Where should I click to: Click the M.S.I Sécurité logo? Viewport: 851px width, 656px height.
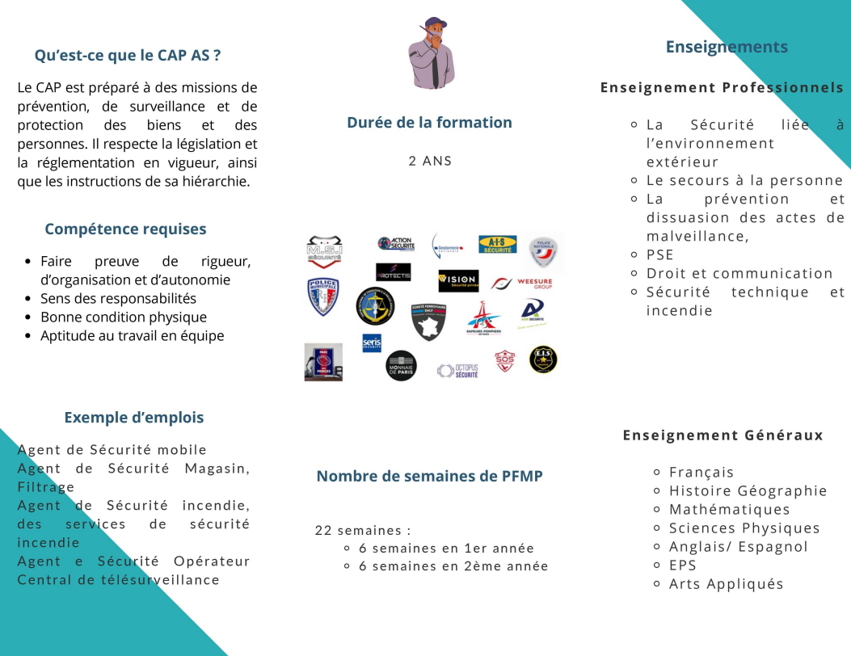coord(323,250)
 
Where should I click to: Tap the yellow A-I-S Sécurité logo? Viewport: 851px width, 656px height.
coord(497,244)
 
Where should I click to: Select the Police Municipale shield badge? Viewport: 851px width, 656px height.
coord(323,296)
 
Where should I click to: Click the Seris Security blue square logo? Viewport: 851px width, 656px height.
coord(372,343)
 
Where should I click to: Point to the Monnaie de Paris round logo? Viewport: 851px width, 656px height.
coord(401,365)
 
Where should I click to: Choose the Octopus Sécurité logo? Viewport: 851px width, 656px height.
coord(458,370)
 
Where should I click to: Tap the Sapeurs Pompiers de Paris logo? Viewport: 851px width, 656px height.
coord(484,318)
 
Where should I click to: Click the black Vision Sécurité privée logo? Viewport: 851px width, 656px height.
coord(458,280)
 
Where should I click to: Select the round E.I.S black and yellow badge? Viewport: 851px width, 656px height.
coord(543,359)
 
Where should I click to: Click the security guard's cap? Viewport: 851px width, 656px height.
coord(435,23)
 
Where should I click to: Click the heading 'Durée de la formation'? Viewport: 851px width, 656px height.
coord(429,123)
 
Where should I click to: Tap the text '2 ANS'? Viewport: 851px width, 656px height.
coord(430,161)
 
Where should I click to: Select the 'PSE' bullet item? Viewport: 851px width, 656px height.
coord(659,255)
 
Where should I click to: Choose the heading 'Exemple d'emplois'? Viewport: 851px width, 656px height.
coord(134,418)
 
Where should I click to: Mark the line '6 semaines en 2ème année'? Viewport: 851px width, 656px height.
coord(453,566)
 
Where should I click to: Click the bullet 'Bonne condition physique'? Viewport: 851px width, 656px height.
coord(124,317)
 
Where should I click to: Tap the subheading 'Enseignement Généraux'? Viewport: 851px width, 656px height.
coord(723,435)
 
